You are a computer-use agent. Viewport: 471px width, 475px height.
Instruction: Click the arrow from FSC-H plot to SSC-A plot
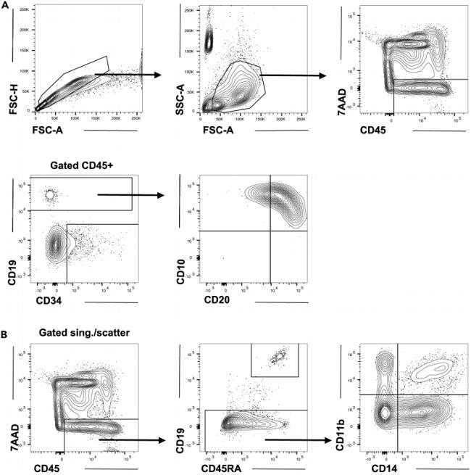tap(127, 74)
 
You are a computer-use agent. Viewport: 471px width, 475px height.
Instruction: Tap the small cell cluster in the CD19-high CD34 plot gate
tap(49, 194)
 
